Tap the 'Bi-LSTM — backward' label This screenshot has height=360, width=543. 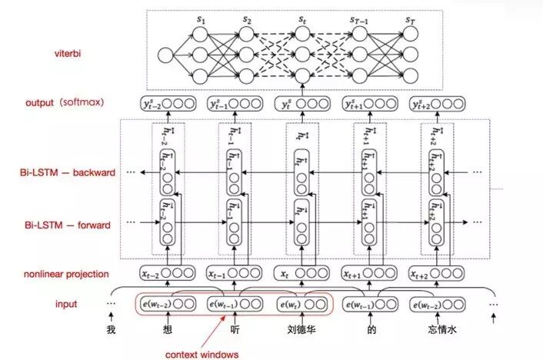(67, 172)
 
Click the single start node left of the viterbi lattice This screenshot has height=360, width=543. (164, 55)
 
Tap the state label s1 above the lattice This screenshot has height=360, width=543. (202, 17)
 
